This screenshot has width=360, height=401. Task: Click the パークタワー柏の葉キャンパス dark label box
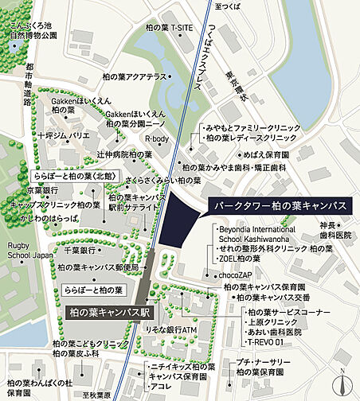(279, 205)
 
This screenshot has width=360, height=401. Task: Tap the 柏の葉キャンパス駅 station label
(111, 312)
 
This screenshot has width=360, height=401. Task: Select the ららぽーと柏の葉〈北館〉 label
(76, 175)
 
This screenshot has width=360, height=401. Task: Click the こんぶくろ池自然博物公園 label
(33, 31)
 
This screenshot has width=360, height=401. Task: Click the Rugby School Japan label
(29, 251)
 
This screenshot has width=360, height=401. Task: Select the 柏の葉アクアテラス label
(135, 76)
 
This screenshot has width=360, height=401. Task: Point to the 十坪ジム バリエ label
(63, 136)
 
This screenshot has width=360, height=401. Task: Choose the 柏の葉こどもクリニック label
(90, 343)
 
